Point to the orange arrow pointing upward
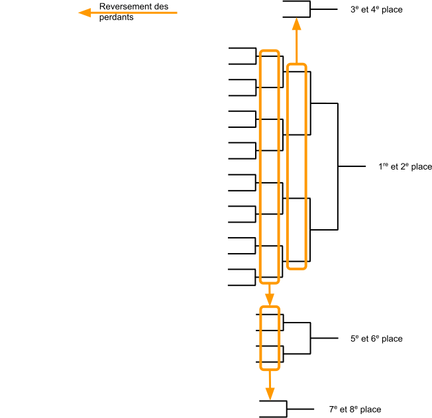[x=296, y=40]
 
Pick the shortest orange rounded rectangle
[x=270, y=338]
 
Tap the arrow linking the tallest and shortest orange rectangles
[x=269, y=295]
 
